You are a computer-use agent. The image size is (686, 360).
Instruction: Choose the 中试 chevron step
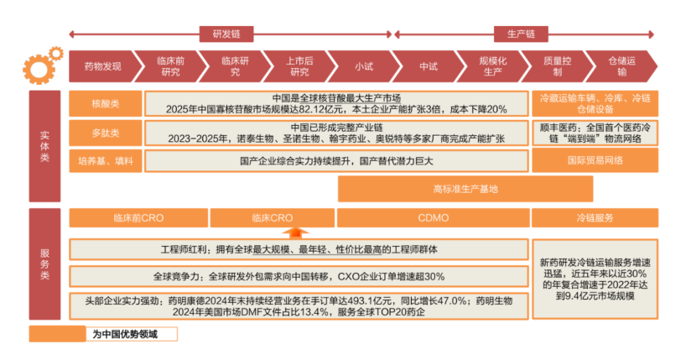click(x=428, y=66)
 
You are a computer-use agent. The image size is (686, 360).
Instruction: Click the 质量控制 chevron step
click(x=557, y=66)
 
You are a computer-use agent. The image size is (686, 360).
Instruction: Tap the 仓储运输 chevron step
click(x=621, y=66)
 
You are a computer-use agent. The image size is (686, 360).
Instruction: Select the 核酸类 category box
click(x=106, y=104)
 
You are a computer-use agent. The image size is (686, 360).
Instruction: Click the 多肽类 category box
click(x=106, y=133)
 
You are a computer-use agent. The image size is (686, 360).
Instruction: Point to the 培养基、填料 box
click(x=106, y=160)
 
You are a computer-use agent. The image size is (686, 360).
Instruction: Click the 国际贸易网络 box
click(x=595, y=160)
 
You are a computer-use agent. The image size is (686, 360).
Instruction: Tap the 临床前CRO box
click(x=138, y=218)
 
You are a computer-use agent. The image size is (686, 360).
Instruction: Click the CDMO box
click(x=433, y=218)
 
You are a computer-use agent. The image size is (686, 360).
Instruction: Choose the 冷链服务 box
click(x=595, y=218)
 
